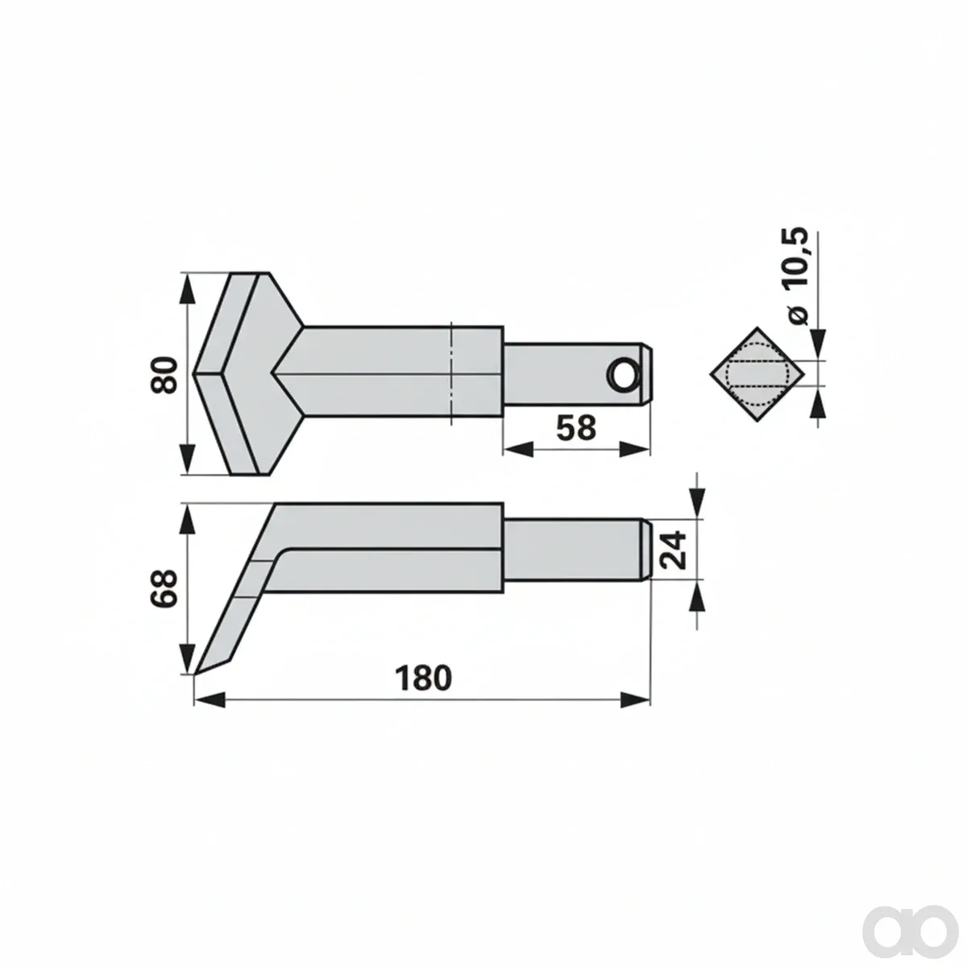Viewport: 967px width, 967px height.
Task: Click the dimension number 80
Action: click(x=164, y=375)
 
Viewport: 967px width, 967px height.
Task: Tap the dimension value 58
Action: click(x=576, y=428)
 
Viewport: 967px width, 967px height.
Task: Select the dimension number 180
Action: click(x=423, y=678)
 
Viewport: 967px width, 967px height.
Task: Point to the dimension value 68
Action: click(x=164, y=588)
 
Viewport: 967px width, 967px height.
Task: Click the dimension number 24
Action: click(x=672, y=550)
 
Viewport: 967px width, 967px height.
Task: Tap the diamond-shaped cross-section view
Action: click(x=757, y=375)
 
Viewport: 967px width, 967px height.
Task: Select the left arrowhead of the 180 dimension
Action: click(x=209, y=699)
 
